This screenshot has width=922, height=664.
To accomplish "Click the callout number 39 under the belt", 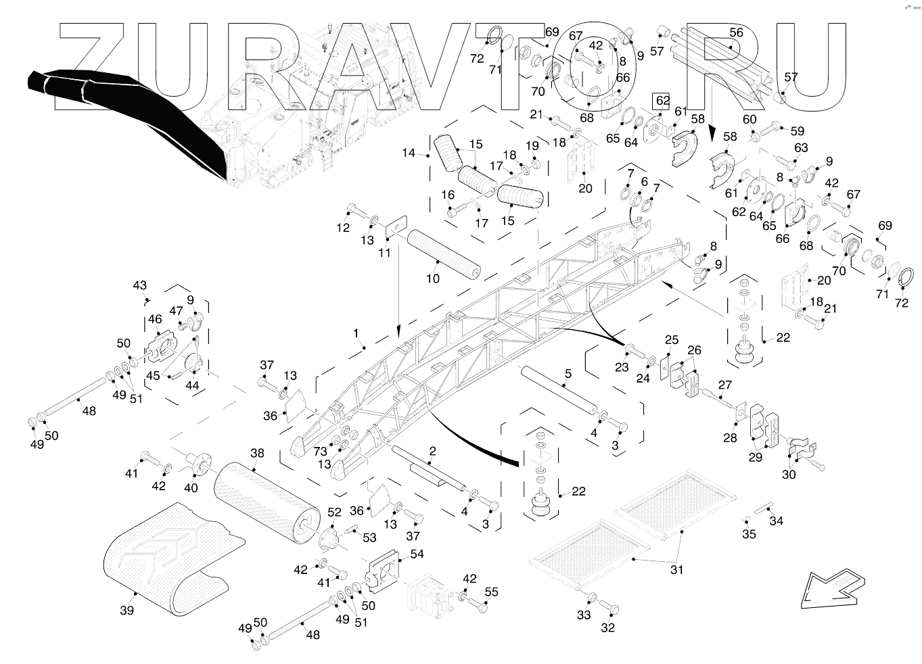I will click(126, 611).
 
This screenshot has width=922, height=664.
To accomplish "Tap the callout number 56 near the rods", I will click(736, 32).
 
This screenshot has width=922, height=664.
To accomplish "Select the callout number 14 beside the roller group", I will click(409, 153).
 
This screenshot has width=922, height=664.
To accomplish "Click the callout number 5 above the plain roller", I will click(568, 373).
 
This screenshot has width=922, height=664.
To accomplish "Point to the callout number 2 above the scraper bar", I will click(432, 451).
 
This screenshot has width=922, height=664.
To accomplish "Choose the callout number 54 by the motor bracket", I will click(417, 554).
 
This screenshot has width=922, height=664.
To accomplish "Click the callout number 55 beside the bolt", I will click(491, 592).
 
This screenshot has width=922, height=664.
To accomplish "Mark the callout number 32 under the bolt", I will click(608, 628).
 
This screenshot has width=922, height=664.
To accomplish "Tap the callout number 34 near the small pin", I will click(777, 521).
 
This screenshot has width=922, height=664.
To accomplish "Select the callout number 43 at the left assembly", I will click(140, 285).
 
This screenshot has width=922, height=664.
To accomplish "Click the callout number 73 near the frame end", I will click(321, 450).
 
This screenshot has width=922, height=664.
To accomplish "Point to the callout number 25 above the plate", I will click(671, 339).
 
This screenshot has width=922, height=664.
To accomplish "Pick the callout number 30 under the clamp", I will click(789, 474).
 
